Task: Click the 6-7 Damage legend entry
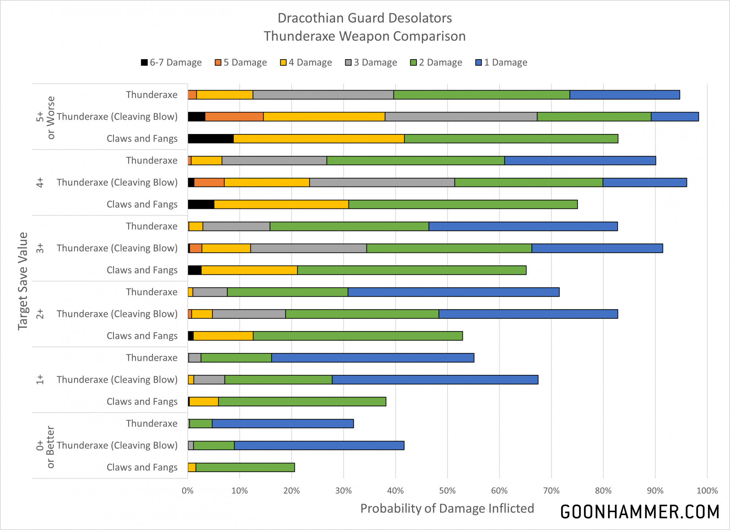[x=171, y=62]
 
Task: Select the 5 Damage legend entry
[x=241, y=62]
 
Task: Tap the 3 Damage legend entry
[x=371, y=62]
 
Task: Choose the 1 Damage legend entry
[x=502, y=62]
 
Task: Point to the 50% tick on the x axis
[x=447, y=491]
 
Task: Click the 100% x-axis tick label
[x=707, y=491]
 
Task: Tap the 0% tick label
[x=188, y=491]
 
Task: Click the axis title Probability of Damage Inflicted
[x=447, y=508]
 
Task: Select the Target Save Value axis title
[x=23, y=281]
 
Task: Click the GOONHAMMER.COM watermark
[x=640, y=512]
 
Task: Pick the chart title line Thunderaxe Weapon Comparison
[x=365, y=36]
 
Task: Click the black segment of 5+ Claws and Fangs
[x=211, y=139]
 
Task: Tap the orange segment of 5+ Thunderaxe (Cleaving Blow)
[x=234, y=117]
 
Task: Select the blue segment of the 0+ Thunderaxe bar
[x=283, y=423]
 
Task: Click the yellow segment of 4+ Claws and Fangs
[x=281, y=204]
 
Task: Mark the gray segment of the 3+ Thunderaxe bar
[x=236, y=226]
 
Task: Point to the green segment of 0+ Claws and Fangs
[x=245, y=467]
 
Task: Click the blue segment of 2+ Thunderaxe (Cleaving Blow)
[x=528, y=314]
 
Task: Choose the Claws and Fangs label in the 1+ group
[x=142, y=402]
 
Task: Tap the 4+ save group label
[x=40, y=183]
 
